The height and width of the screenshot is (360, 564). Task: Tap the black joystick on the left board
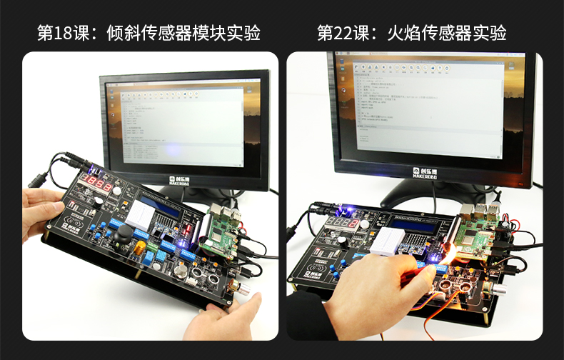pyautogui.click(x=122, y=233)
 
